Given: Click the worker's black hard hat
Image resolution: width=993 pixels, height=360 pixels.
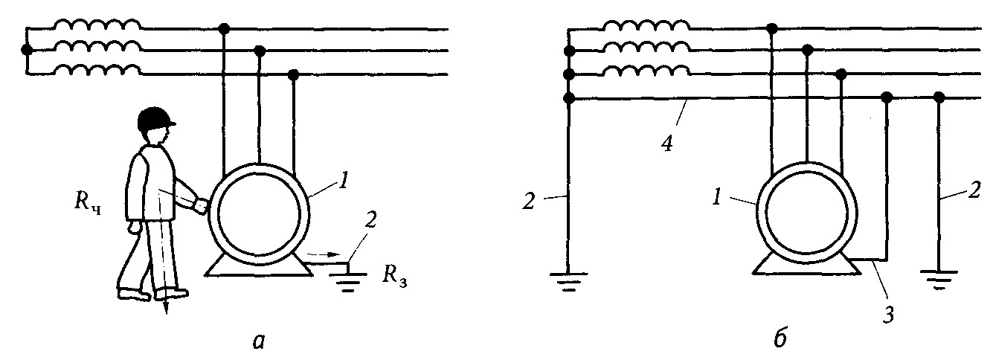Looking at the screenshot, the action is click(x=155, y=118).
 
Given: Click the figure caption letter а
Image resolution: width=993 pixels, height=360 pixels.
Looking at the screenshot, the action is click(x=257, y=340).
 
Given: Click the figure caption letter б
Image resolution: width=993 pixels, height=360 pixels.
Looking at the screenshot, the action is click(x=775, y=338).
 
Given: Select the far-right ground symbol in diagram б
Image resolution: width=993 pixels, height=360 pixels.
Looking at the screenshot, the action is click(x=938, y=280).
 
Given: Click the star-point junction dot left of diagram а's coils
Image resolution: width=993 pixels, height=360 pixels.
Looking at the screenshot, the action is click(x=28, y=51).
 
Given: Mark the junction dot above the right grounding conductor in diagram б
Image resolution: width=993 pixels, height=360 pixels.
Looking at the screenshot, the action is click(x=939, y=97).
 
